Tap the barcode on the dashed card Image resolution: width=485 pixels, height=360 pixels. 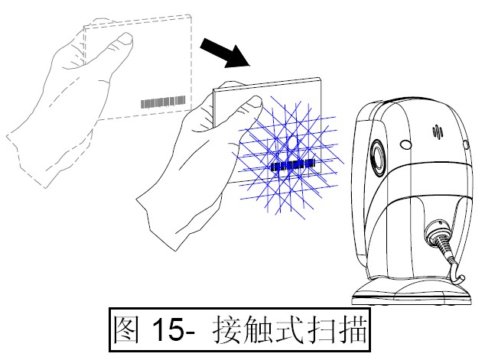[163, 101]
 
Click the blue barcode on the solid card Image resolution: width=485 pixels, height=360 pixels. [292, 164]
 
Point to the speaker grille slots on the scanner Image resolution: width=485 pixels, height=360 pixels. [438, 134]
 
